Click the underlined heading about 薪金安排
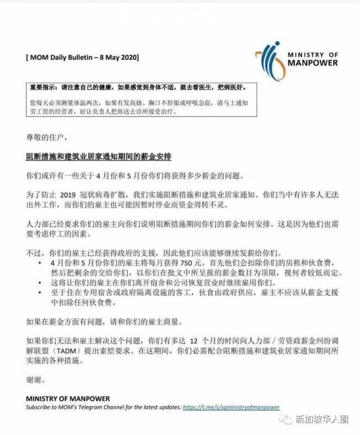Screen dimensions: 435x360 (x=98, y=157)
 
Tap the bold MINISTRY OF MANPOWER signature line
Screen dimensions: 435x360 (x=68, y=399)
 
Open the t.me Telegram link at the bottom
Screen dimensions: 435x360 (x=231, y=407)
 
